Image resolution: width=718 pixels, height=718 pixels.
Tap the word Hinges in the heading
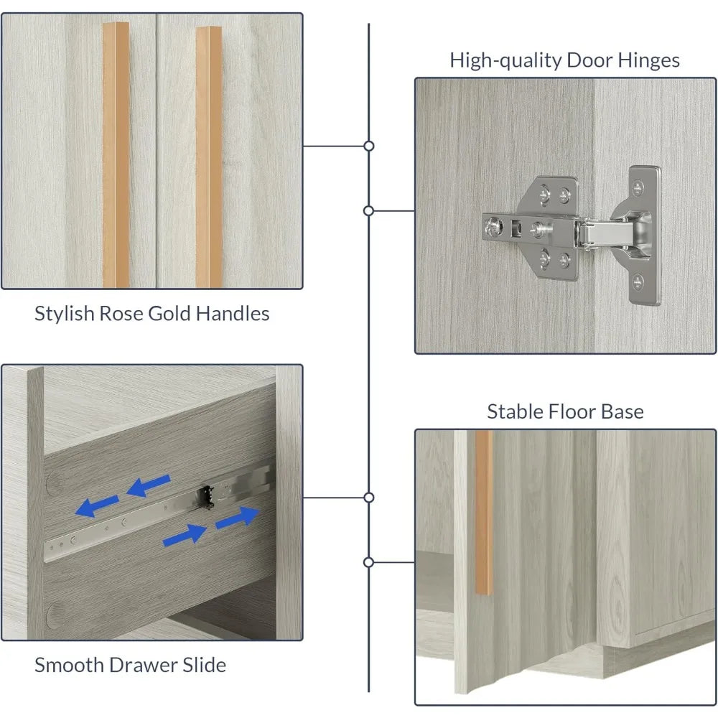click(648, 61)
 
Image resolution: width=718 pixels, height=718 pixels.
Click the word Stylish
click(65, 314)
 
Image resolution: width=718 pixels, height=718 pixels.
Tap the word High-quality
click(505, 61)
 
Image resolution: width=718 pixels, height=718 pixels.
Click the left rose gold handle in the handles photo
click(116, 155)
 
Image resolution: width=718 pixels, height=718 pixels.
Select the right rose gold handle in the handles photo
click(209, 157)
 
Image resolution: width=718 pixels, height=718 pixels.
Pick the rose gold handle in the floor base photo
click(483, 513)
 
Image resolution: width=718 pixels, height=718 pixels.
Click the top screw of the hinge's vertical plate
click(638, 187)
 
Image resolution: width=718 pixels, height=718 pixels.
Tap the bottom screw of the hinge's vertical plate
click(638, 282)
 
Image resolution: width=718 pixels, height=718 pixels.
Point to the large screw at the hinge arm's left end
click(494, 225)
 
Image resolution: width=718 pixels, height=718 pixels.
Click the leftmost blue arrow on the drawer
click(97, 506)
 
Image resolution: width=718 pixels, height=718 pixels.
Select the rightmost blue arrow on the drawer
click(237, 518)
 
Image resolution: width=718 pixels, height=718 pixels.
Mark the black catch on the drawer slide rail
click(206, 498)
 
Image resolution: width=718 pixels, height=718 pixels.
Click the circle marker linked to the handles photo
click(368, 146)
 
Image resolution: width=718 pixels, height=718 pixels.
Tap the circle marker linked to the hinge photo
click(368, 210)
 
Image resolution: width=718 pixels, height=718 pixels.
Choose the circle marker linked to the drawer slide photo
click(368, 498)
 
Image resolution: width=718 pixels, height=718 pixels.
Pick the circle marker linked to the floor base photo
click(368, 562)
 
